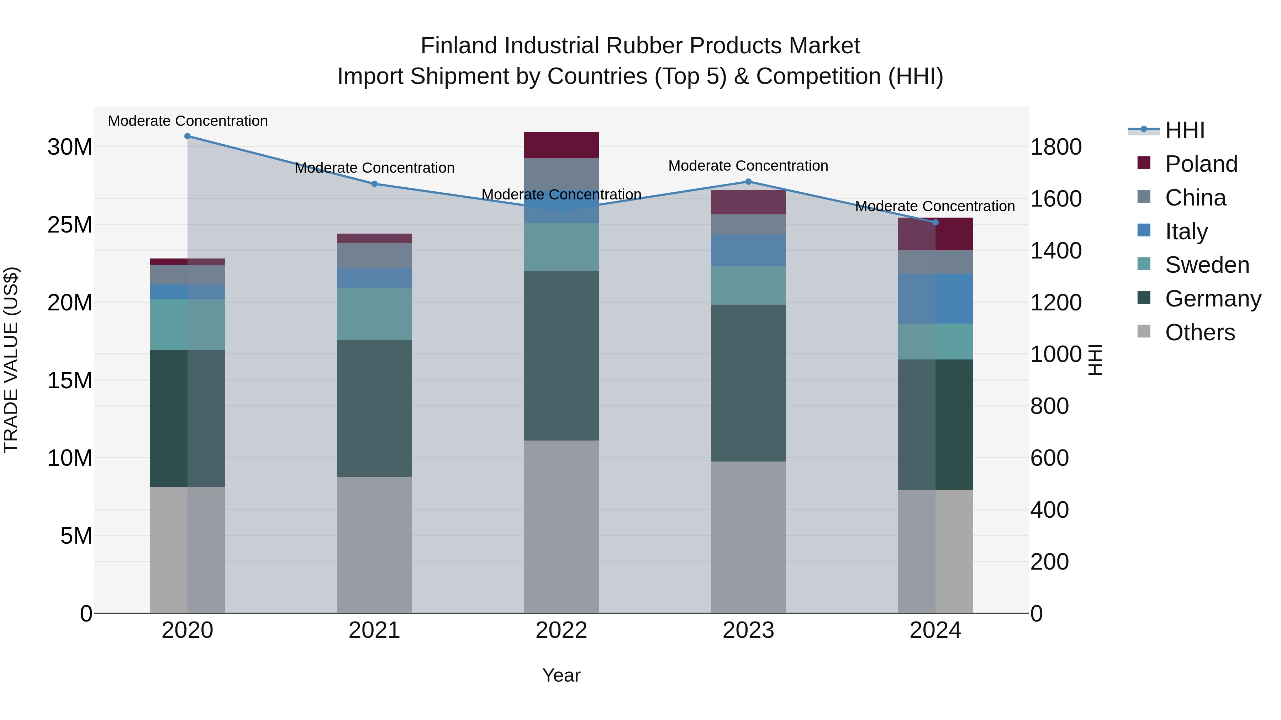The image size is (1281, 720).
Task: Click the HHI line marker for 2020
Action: click(x=188, y=136)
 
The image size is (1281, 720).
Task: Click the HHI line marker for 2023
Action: click(x=748, y=182)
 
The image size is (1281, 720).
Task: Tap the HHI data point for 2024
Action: click(x=935, y=222)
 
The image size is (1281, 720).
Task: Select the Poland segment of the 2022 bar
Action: click(x=562, y=145)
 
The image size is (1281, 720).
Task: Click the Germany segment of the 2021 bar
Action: click(x=374, y=409)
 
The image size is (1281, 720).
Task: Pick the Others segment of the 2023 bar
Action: click(x=748, y=537)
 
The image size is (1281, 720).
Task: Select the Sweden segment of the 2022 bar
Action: click(x=562, y=247)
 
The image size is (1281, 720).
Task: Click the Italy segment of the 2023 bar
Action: click(x=748, y=250)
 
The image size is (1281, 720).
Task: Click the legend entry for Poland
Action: click(x=1201, y=164)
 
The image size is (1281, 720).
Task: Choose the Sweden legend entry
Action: click(x=1206, y=265)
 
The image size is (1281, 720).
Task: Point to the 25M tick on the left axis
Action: click(x=70, y=225)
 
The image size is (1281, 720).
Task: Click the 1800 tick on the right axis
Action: click(x=1055, y=147)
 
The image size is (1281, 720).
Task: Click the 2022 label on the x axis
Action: click(x=562, y=630)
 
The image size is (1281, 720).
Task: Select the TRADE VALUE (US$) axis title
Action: click(x=11, y=360)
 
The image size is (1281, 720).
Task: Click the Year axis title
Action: click(x=562, y=675)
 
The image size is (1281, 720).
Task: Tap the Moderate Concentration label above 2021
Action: click(x=374, y=168)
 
